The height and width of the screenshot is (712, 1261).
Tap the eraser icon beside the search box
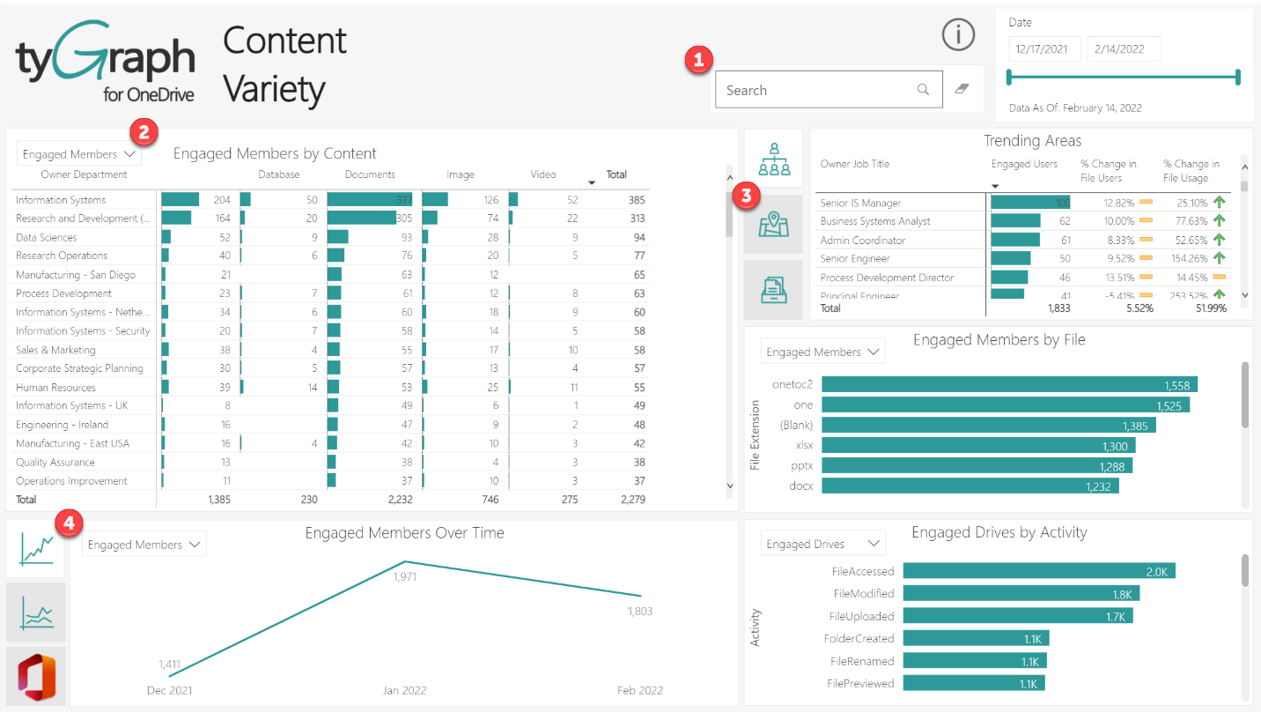[961, 89]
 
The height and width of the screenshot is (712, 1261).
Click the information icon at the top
[958, 34]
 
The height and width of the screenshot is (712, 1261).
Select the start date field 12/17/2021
[1042, 49]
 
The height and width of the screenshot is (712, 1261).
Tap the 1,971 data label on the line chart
[404, 577]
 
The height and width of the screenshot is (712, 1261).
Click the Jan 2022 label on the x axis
[405, 690]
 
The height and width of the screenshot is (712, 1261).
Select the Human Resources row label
[55, 388]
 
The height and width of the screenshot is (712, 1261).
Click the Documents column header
[370, 174]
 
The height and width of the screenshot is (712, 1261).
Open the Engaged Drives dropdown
[822, 545]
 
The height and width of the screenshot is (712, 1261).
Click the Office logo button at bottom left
[35, 676]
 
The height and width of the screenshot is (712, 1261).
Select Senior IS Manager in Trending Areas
[860, 203]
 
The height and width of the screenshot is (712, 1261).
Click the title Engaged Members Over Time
[404, 533]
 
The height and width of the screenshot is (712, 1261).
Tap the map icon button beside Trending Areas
[773, 225]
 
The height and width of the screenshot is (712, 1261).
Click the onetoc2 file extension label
[792, 384]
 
